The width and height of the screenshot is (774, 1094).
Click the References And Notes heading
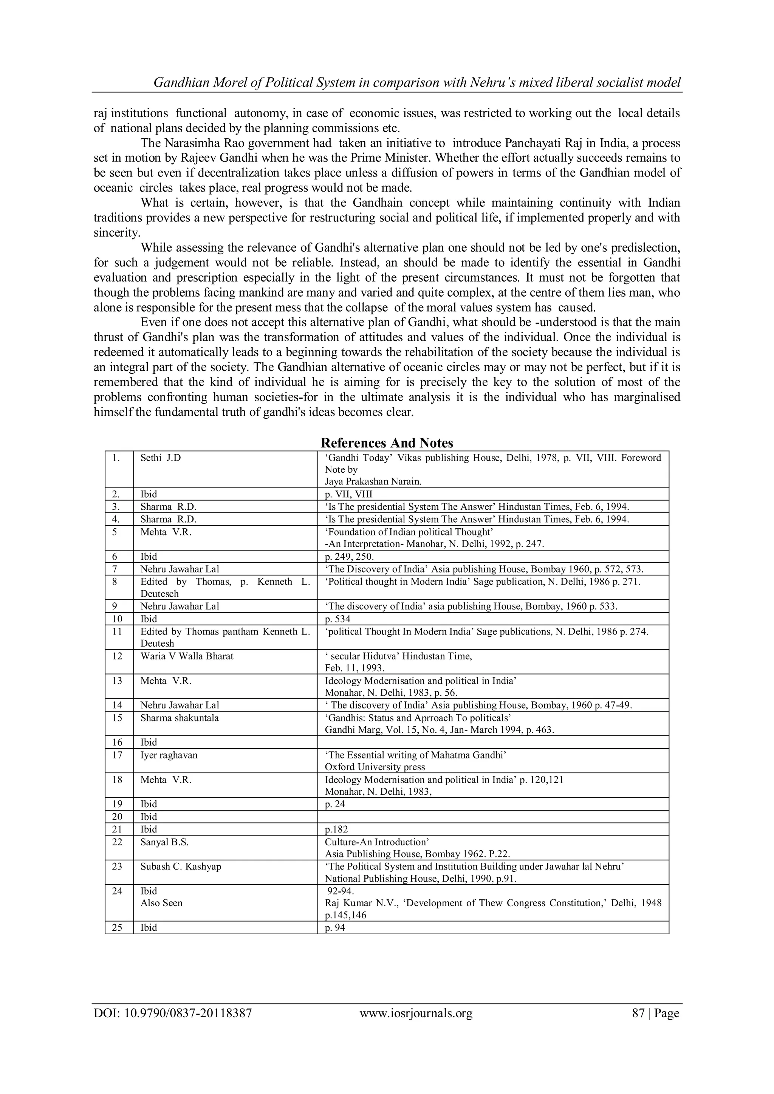pos(387,443)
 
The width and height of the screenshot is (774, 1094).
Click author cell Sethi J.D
pos(161,458)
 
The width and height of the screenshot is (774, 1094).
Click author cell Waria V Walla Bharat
pos(187,656)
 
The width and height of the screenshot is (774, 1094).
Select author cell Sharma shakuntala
pos(180,718)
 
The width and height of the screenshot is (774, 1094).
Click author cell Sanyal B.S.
pos(164,842)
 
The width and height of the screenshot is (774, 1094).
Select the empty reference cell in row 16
pos(493,742)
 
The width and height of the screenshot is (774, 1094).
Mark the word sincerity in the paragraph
pos(117,233)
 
